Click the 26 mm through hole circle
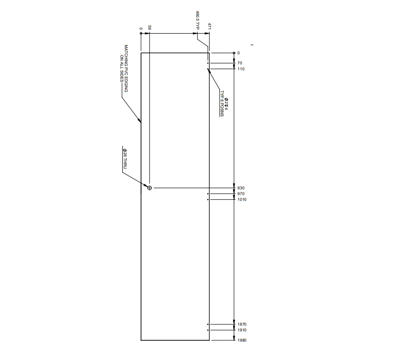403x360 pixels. [149, 188]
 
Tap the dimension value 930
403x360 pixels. [241, 188]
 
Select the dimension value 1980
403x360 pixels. [242, 340]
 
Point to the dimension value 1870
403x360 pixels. [242, 324]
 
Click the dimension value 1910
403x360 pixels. [242, 330]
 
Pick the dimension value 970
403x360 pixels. [241, 193]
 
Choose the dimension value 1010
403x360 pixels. [242, 199]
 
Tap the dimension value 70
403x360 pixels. [239, 63]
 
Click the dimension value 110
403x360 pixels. [240, 69]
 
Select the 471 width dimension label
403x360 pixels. [210, 27]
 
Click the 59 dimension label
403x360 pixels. [150, 28]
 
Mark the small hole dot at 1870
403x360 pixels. [208, 324]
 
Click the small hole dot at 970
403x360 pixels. [208, 193]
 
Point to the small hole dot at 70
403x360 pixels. [208, 63]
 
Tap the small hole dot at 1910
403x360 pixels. [208, 330]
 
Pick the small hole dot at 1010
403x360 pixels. [208, 199]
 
